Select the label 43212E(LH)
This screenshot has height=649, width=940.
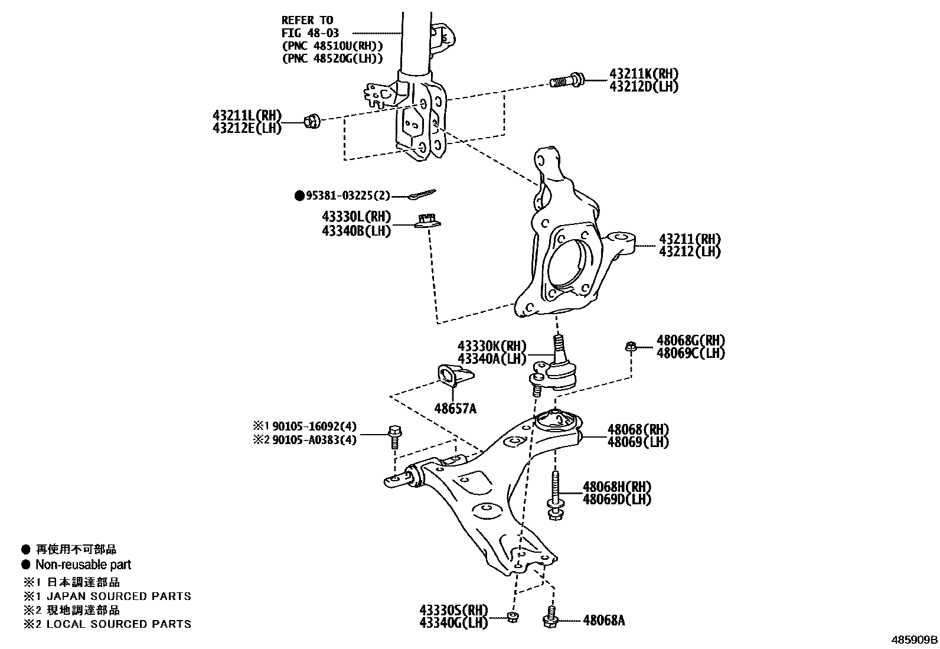[x=247, y=128]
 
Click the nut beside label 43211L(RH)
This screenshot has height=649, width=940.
[x=311, y=122]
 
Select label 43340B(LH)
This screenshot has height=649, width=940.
[x=356, y=231]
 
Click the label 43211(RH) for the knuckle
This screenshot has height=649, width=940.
[x=690, y=239]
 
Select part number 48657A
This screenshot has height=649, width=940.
[x=455, y=407]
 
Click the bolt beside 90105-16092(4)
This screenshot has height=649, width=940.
[x=394, y=437]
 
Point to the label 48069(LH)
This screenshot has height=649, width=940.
[x=638, y=442]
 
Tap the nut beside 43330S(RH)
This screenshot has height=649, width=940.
[x=513, y=617]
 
